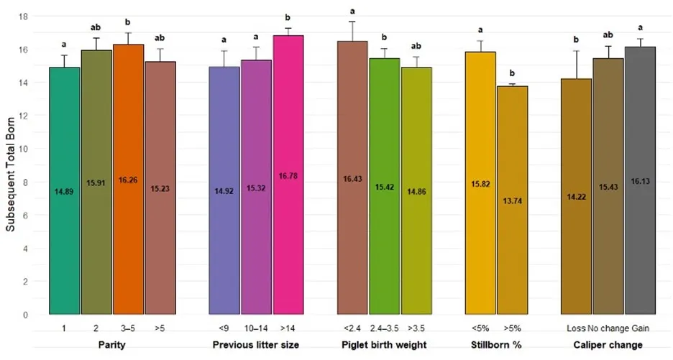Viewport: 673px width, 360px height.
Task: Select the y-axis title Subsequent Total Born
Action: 10,165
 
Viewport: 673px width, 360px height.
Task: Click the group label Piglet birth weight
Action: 384,345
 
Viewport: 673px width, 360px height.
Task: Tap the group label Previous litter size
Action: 255,345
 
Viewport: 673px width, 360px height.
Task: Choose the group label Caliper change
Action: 608,345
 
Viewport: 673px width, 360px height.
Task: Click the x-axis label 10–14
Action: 256,328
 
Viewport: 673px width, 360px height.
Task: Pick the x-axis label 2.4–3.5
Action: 385,328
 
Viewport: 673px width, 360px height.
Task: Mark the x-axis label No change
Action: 608,328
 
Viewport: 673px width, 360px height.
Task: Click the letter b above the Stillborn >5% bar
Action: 512,73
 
